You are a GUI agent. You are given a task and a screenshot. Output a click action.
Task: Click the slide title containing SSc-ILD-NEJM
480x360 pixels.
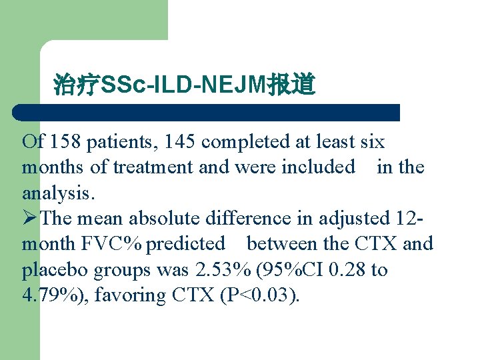point(184,85)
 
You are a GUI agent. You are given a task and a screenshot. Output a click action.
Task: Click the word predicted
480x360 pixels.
point(186,244)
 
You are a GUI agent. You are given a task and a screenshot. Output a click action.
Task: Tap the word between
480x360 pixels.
point(287,244)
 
